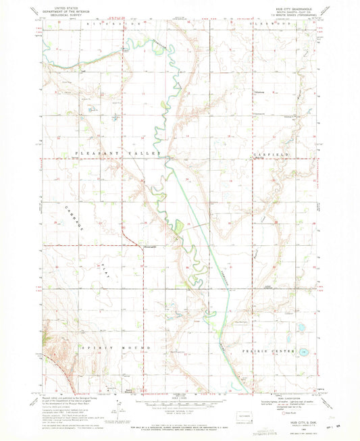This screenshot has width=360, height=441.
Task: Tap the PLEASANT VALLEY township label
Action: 119,154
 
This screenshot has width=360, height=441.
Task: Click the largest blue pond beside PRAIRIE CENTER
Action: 304,352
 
